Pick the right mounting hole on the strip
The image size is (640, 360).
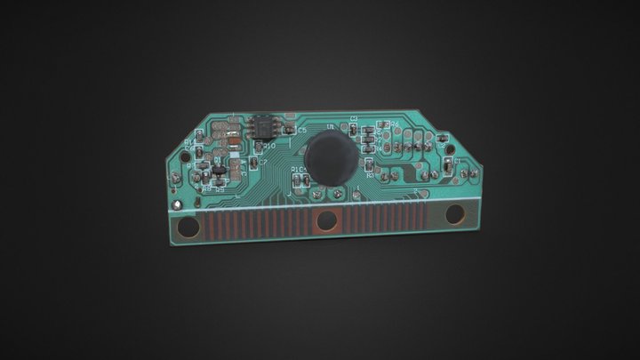[458, 212]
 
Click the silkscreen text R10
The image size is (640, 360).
[270, 145]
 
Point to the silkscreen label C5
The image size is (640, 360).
[301, 131]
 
